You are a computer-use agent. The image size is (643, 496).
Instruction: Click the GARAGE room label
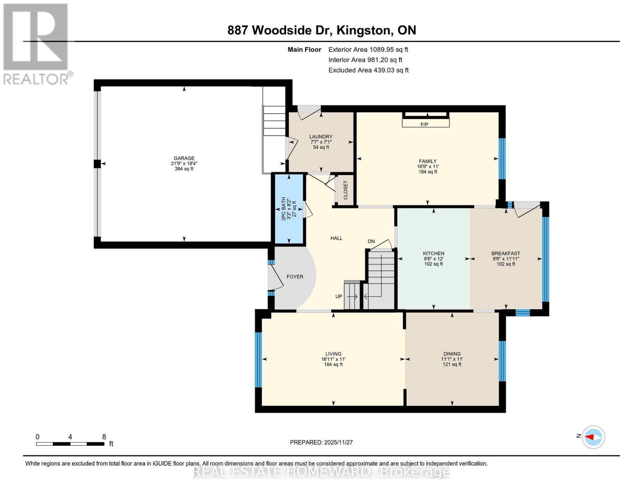(x=184, y=158)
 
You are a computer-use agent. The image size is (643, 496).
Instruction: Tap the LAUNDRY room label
(x=321, y=137)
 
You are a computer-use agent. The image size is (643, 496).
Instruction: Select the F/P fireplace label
(x=424, y=124)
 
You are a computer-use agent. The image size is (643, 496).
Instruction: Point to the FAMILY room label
(x=428, y=162)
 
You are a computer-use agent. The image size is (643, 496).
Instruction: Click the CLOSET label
(x=346, y=190)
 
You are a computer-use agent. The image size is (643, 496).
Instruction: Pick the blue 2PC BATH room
(x=289, y=209)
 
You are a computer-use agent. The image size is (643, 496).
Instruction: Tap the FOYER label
(x=295, y=277)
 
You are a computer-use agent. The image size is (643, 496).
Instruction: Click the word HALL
(x=336, y=238)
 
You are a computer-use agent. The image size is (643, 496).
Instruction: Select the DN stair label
(x=371, y=241)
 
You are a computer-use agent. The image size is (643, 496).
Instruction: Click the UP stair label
(x=339, y=296)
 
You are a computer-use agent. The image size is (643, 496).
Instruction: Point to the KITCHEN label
(x=433, y=254)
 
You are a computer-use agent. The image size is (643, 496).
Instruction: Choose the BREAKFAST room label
(x=506, y=254)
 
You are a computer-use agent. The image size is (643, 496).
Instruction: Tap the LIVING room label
(x=333, y=354)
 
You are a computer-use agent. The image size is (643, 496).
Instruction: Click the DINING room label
(x=452, y=354)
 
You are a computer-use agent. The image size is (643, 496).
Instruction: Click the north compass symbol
(x=593, y=437)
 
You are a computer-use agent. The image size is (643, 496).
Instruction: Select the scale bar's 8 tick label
(x=104, y=437)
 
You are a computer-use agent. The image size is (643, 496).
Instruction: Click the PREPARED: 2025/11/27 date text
(x=321, y=443)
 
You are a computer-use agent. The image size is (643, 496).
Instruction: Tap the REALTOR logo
(x=36, y=43)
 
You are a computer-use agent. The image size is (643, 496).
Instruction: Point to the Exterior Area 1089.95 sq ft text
(x=368, y=50)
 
